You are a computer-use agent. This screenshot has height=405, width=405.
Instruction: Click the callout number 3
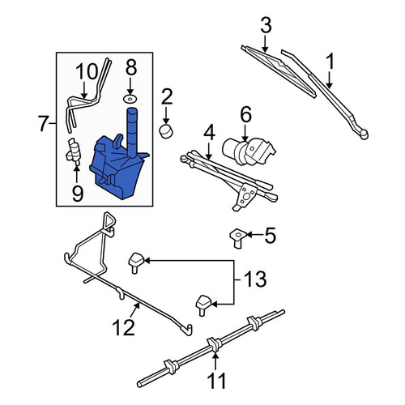click(266, 25)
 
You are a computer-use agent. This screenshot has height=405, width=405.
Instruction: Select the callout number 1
click(330, 62)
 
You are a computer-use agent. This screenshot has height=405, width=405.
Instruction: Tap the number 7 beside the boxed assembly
click(45, 123)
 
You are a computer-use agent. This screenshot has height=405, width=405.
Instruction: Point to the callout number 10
click(86, 71)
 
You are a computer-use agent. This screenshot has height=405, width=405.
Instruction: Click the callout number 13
click(255, 279)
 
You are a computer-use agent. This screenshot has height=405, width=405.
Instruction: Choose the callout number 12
click(124, 327)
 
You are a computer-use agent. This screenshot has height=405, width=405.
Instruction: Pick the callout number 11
click(217, 381)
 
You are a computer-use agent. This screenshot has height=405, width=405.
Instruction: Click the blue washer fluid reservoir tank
click(119, 160)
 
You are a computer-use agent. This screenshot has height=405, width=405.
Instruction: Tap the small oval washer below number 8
click(130, 99)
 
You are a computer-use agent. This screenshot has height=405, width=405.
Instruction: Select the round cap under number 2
click(166, 131)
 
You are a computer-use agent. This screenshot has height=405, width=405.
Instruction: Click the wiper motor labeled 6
click(249, 151)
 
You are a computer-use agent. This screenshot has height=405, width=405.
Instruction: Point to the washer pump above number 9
click(74, 152)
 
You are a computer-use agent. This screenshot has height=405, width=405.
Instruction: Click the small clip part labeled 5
click(237, 237)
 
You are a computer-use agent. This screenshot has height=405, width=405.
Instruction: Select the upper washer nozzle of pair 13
click(136, 262)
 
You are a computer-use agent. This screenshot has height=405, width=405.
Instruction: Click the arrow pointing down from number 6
click(245, 133)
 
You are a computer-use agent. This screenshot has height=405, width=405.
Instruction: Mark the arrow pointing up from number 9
click(77, 176)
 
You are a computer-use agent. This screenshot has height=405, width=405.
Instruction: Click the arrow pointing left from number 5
click(254, 235)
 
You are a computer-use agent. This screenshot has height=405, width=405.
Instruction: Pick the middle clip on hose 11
click(214, 344)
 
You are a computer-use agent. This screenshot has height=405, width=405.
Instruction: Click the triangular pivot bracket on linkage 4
click(245, 196)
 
